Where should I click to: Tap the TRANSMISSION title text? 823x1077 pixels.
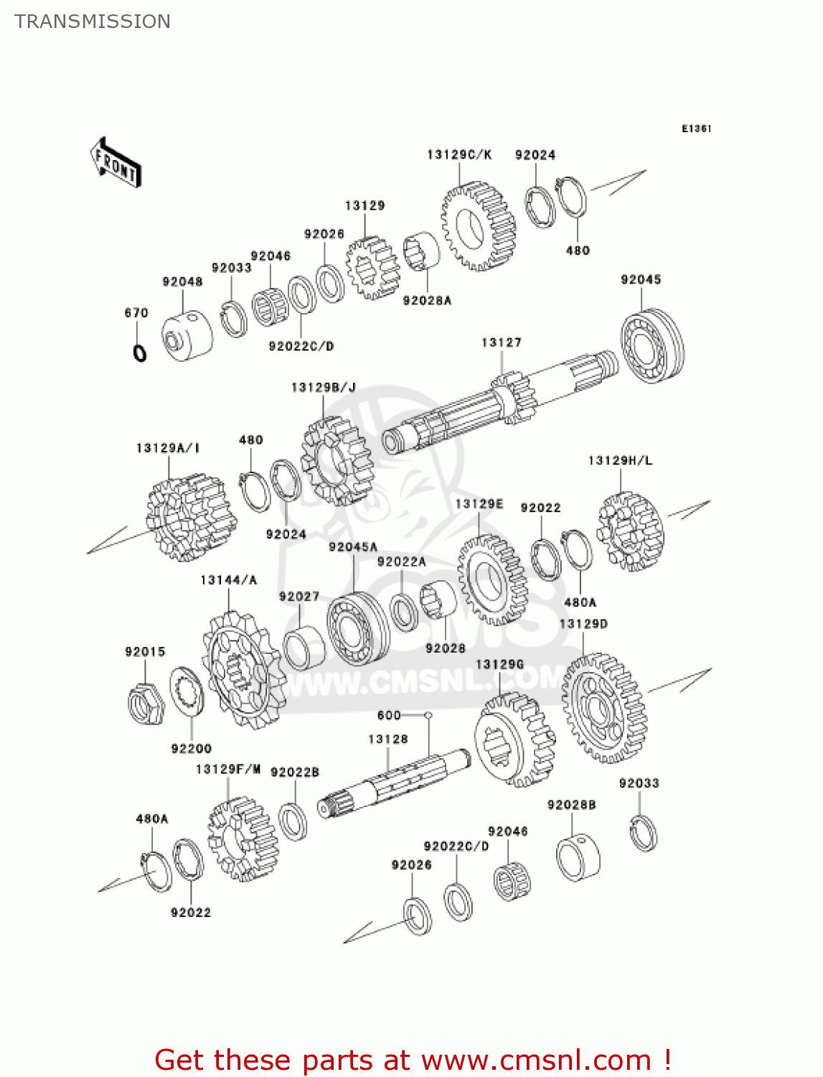click(x=93, y=22)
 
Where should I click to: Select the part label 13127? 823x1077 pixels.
click(x=501, y=343)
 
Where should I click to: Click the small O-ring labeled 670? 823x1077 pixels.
click(x=140, y=353)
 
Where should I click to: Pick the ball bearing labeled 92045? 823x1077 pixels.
click(x=652, y=345)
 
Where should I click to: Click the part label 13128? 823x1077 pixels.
click(x=387, y=739)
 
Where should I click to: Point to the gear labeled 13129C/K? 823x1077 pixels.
click(x=478, y=225)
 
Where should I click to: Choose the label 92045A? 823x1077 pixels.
click(x=352, y=547)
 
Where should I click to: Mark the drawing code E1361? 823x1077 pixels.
click(x=695, y=129)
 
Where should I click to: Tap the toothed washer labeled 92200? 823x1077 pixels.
click(x=187, y=691)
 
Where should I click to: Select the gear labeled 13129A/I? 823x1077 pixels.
click(x=190, y=516)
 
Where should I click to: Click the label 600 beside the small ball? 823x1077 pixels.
click(x=389, y=715)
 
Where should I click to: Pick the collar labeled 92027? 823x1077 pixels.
click(x=304, y=647)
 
